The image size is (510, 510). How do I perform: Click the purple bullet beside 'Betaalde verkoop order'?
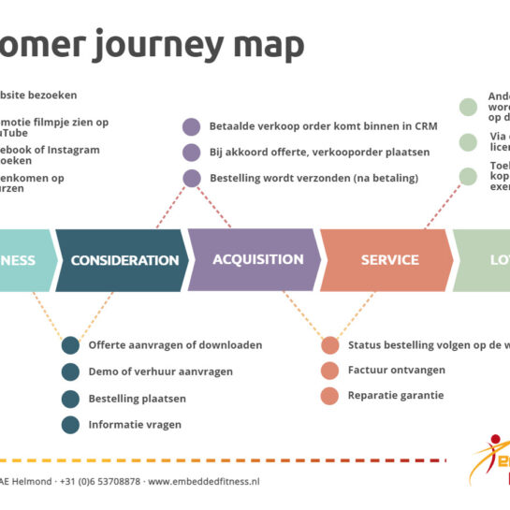pos(192,126)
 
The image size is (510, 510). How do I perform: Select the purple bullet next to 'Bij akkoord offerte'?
pos(192,152)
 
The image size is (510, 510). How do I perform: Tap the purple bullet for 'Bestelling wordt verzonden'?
pos(192,178)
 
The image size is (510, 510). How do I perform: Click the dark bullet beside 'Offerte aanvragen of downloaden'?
pos(70,345)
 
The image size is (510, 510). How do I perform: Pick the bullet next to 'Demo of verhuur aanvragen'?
pos(70,372)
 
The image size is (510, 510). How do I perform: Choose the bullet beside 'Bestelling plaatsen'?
pos(70,399)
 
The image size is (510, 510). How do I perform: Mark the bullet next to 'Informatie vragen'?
pos(70,425)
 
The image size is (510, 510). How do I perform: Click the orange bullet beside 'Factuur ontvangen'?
pos(329,371)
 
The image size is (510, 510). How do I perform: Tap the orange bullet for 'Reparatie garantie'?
pos(329,396)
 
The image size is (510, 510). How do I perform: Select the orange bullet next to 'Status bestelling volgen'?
pos(329,345)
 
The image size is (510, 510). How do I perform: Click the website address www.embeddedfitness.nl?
pos(203,481)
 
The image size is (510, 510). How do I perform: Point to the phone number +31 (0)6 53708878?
pos(100,481)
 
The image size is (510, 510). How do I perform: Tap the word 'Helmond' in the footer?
pos(32,481)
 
